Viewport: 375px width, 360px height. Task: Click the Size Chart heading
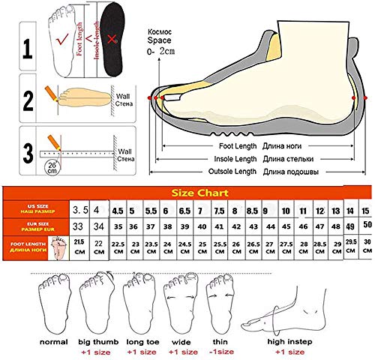pyautogui.click(x=200, y=191)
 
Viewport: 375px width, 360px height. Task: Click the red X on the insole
pyautogui.click(x=111, y=38)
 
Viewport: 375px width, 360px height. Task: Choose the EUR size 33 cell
pyautogui.click(x=78, y=226)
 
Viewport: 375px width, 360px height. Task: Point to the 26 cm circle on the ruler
pyautogui.click(x=52, y=166)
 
